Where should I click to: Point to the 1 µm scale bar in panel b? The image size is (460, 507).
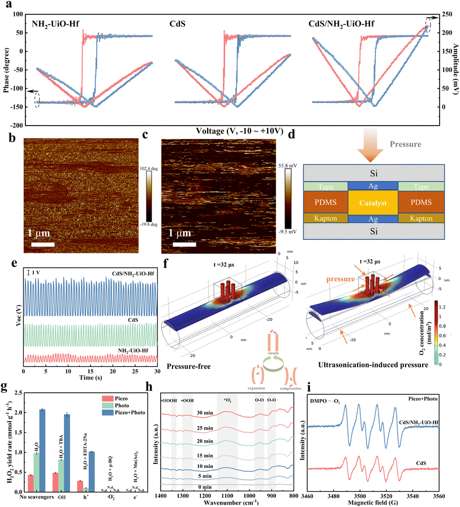40,244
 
